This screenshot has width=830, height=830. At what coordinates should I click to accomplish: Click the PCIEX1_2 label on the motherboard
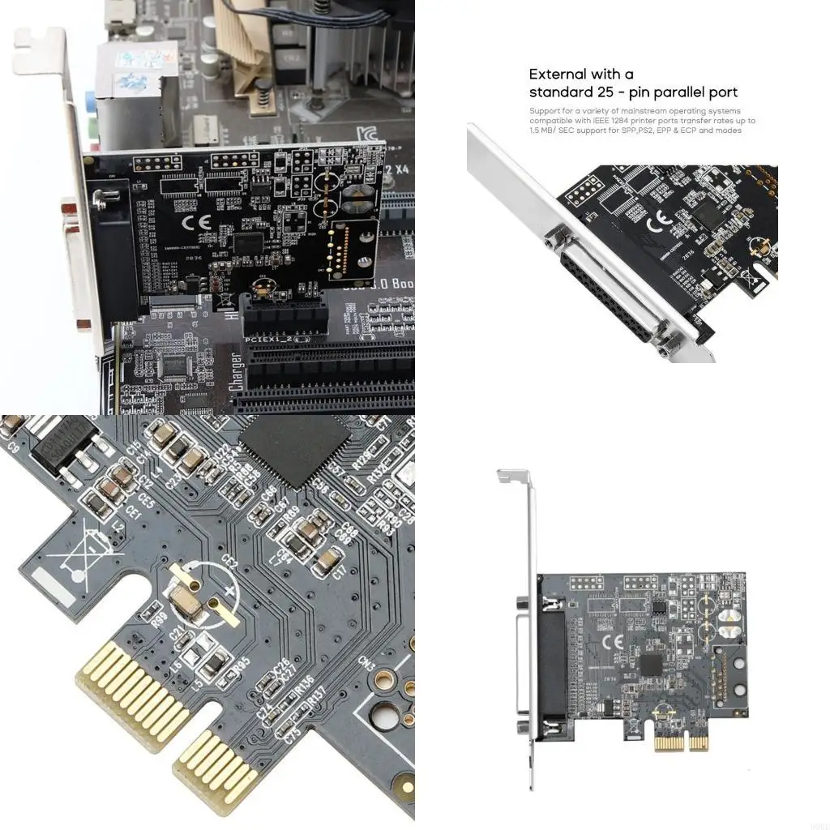click(x=267, y=336)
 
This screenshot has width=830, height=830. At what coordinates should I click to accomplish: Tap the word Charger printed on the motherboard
click(x=236, y=371)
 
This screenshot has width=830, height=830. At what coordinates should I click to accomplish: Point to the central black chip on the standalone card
click(x=650, y=665)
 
